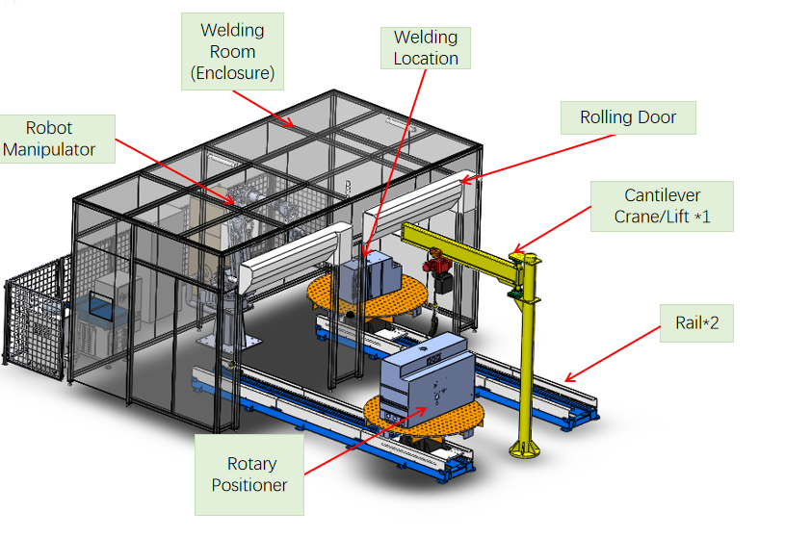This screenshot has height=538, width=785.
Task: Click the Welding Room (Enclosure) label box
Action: coord(232,52)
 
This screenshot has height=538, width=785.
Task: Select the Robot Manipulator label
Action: coord(58,139)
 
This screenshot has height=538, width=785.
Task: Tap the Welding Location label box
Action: coord(425,48)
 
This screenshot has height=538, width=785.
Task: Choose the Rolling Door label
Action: coord(628,117)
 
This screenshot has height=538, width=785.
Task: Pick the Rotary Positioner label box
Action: coord(249,474)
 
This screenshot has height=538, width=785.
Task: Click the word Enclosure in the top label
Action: coord(232,72)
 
